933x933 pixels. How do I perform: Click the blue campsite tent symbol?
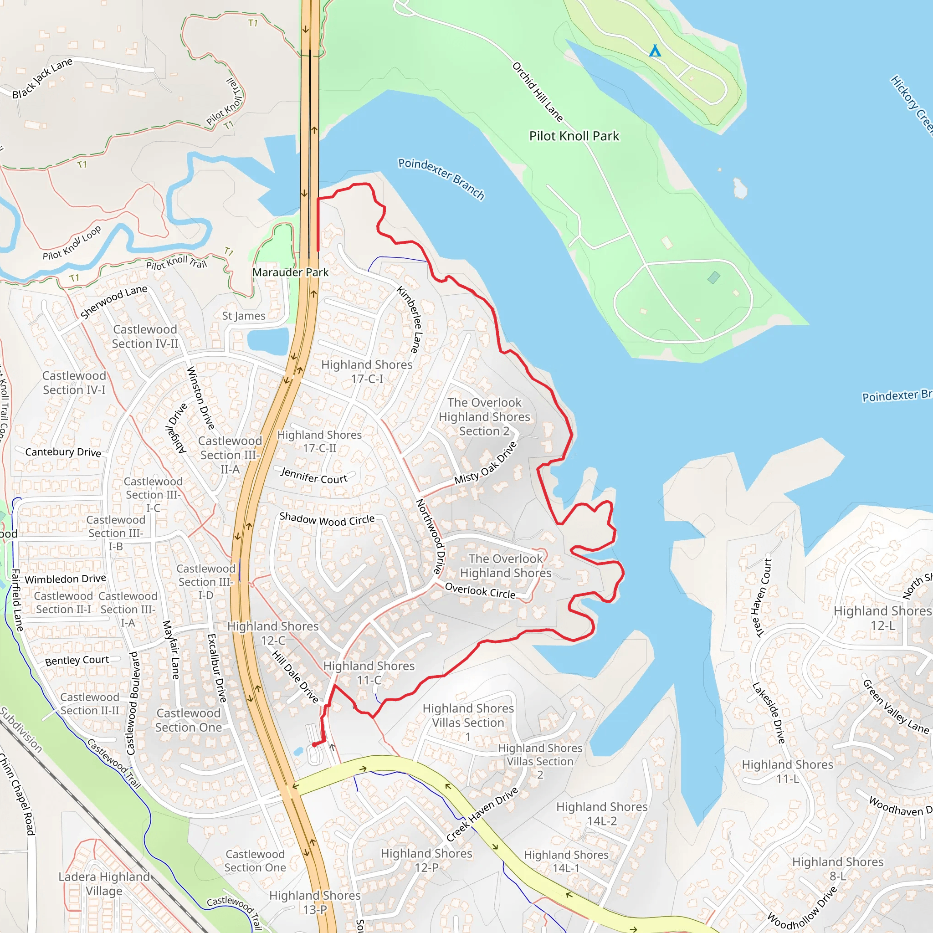click(654, 51)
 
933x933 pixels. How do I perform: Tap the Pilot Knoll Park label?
click(574, 136)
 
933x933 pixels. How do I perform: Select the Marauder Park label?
click(290, 272)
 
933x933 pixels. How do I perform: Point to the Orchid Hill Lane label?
click(538, 91)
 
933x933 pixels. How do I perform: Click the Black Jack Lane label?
click(42, 78)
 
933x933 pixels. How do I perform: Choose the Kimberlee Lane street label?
click(410, 319)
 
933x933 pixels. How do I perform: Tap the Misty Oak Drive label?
click(485, 463)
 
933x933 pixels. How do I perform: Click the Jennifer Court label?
click(314, 476)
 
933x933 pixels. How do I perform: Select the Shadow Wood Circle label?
click(327, 520)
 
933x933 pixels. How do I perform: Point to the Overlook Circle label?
click(480, 590)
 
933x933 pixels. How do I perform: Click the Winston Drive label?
click(200, 397)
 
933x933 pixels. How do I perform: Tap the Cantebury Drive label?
click(63, 452)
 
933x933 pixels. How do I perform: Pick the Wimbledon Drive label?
click(65, 579)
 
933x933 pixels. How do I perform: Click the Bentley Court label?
click(77, 660)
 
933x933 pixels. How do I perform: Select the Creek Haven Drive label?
click(482, 815)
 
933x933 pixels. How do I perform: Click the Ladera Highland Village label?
click(104, 883)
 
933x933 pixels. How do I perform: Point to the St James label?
click(243, 316)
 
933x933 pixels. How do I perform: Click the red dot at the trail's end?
click(314, 745)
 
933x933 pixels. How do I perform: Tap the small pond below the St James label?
click(267, 341)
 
